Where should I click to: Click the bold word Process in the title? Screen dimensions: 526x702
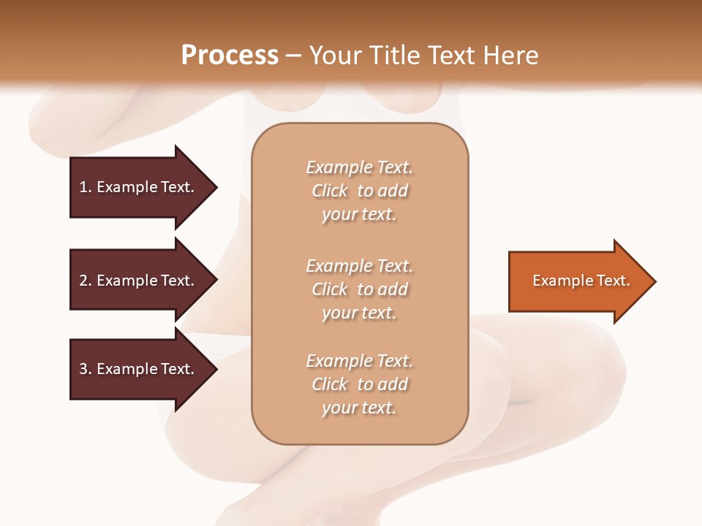pyautogui.click(x=230, y=56)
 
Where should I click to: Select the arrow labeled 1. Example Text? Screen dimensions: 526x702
pyautogui.click(x=139, y=187)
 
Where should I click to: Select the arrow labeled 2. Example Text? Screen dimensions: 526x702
pyautogui.click(x=139, y=281)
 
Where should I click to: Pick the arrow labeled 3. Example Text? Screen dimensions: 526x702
pyautogui.click(x=139, y=369)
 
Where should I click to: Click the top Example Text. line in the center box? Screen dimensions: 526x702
pyautogui.click(x=359, y=167)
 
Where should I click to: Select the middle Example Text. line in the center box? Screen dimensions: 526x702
pyautogui.click(x=359, y=265)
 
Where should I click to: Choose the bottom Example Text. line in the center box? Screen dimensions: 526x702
pyautogui.click(x=359, y=361)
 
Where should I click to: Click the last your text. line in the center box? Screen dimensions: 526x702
pyautogui.click(x=359, y=408)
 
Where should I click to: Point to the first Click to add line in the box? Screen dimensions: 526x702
pyautogui.click(x=359, y=191)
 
